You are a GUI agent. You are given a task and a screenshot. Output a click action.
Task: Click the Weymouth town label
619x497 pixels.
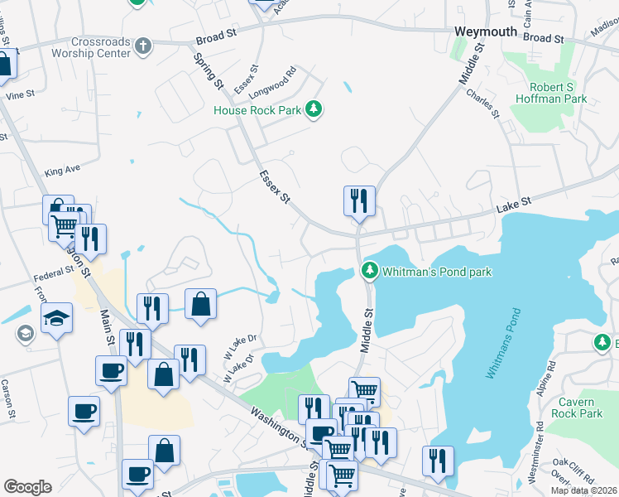pos(486,31)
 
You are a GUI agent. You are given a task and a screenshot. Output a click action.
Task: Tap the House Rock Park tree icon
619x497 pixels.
pos(313,109)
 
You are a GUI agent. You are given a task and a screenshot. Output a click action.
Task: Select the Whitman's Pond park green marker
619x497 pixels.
pos(369,271)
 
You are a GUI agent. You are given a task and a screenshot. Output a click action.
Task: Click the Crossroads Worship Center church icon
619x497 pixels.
pos(143,46)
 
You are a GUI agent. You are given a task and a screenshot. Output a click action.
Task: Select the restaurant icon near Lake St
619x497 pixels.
pos(359,201)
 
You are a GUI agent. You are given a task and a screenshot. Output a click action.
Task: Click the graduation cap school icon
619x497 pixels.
pos(57,319)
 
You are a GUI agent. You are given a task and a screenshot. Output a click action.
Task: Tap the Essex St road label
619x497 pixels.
pos(276,187)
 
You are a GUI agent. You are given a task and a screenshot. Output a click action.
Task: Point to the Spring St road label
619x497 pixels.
pos(209,71)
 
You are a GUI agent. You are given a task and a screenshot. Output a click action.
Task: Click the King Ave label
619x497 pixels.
pos(62,171)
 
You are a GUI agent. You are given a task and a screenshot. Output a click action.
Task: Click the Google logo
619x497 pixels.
pos(27,486)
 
